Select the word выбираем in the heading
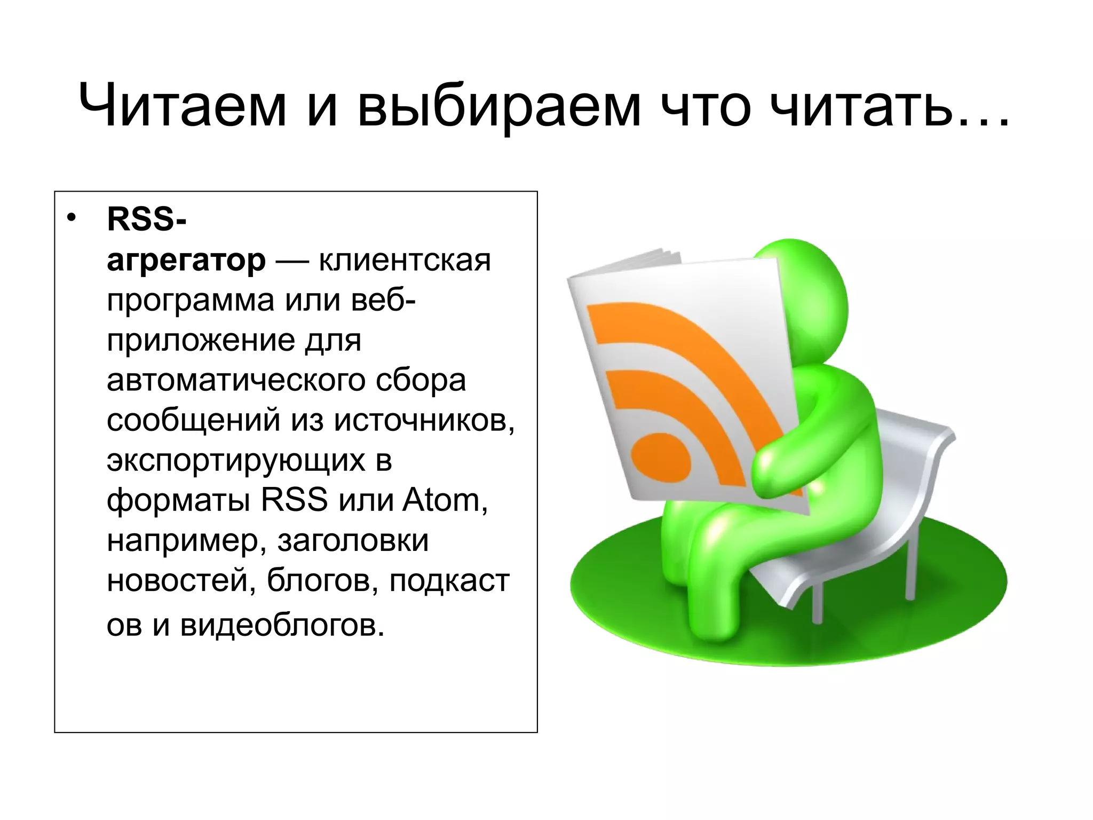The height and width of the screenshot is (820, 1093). (499, 107)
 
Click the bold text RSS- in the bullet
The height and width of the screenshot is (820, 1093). (147, 219)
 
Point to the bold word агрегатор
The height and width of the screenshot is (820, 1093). (186, 261)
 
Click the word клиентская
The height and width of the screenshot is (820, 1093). (405, 260)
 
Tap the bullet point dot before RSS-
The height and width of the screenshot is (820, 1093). (72, 219)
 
